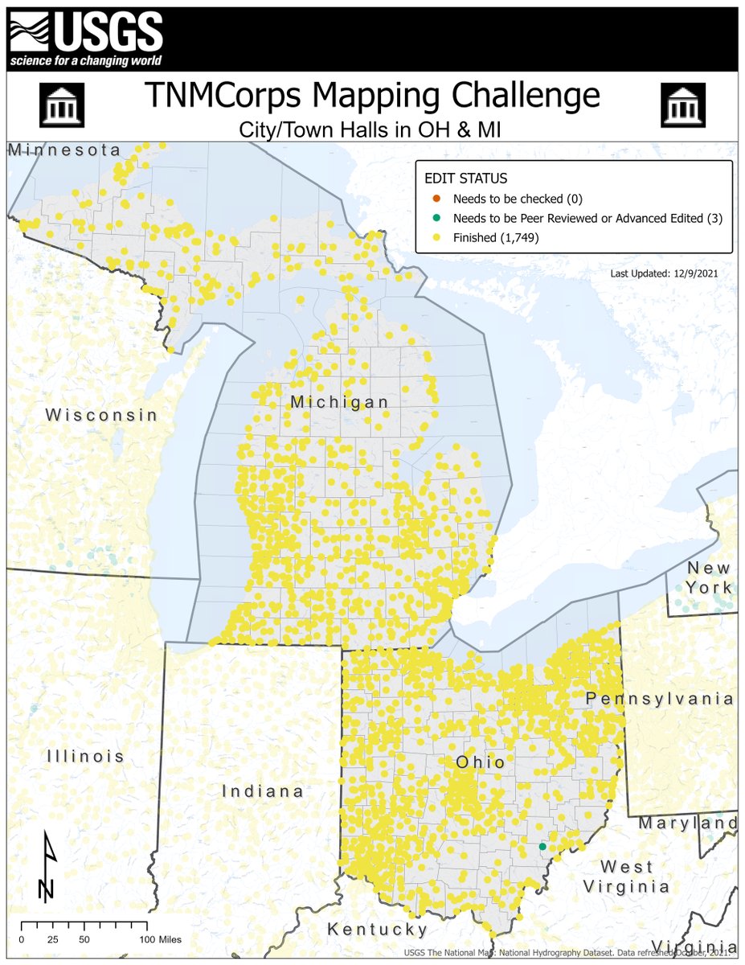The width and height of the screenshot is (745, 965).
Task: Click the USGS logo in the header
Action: [x=85, y=38]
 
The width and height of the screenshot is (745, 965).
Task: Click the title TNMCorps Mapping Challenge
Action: [x=372, y=96]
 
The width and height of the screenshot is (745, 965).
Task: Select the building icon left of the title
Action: [x=61, y=105]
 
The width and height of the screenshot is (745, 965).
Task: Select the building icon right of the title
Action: [x=682, y=105]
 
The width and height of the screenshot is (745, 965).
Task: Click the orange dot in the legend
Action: [x=436, y=199]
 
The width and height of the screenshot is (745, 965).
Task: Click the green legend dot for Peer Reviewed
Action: [x=436, y=219]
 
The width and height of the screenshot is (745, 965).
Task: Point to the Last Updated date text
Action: [x=664, y=274]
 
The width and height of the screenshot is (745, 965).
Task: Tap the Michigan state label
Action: [x=339, y=402]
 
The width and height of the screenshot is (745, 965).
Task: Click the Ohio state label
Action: [x=480, y=762]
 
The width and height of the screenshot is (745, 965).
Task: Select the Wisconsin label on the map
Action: [x=101, y=415]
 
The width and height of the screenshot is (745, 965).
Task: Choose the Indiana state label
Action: [x=263, y=791]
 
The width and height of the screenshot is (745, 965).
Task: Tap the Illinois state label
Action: [x=85, y=756]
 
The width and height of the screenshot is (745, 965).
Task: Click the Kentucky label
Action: [x=377, y=930]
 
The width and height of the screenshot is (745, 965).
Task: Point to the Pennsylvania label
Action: [x=659, y=699]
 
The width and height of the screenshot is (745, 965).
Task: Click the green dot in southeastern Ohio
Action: [x=542, y=846]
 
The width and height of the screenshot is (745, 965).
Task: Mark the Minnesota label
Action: [x=64, y=150]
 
